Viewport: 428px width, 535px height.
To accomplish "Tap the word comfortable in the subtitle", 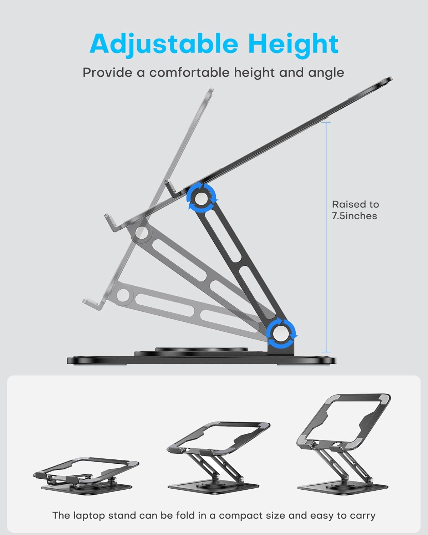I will [190, 73].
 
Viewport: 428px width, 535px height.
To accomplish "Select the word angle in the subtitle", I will [327, 73].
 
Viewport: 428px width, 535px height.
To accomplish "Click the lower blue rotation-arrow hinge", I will [282, 333].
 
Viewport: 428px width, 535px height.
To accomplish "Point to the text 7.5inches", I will [354, 216].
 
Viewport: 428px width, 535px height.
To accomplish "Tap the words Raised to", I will [355, 204].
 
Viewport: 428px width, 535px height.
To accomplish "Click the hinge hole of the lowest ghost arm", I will [123, 295].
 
